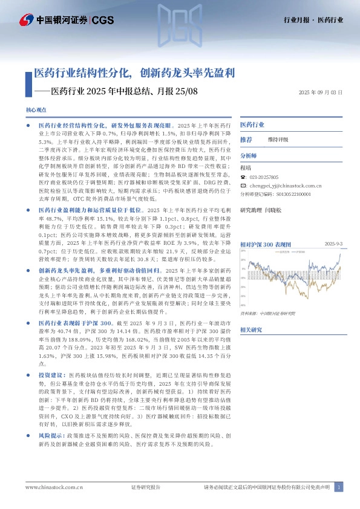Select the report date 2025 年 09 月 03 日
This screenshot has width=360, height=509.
321,93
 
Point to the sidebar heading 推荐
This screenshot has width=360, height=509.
246,139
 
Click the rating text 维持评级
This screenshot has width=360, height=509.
278,140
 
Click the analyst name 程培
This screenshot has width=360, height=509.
245,167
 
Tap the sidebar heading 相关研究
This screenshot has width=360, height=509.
251,329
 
